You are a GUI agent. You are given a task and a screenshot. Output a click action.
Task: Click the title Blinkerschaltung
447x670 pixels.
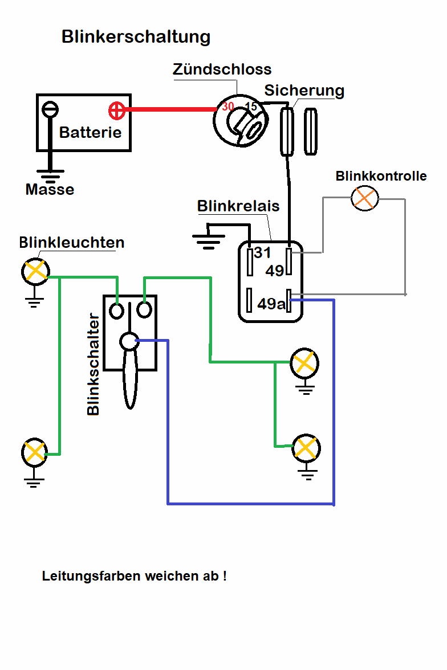136,37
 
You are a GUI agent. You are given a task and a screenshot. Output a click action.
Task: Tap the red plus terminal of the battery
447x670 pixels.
116,111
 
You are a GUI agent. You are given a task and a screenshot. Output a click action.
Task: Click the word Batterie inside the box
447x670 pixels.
90,132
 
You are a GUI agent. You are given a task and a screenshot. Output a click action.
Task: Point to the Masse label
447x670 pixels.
50,189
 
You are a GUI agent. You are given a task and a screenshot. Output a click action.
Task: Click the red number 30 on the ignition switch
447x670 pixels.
228,107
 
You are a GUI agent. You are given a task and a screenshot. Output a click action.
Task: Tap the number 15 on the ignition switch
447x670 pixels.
251,107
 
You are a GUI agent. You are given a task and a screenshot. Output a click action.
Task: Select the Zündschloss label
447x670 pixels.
222,70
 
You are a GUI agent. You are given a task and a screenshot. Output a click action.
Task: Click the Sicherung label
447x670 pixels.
304,91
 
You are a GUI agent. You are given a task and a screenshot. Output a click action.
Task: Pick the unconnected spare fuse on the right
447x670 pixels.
311,131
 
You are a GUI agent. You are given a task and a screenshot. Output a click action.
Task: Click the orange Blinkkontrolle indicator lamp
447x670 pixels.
365,198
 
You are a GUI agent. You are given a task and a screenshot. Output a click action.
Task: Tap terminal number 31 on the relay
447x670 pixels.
262,252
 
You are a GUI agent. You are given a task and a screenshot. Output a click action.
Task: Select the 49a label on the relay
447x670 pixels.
271,304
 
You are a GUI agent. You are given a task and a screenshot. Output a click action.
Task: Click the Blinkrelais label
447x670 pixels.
238,206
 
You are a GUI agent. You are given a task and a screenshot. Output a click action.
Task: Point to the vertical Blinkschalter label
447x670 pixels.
94,364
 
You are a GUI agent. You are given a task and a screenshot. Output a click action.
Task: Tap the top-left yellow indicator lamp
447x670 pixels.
35,271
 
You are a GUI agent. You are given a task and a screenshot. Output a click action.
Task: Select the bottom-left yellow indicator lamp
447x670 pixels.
34,452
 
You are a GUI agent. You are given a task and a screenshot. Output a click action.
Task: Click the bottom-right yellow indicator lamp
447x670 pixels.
306,448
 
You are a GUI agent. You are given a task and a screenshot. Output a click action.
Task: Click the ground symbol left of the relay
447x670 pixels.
208,240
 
